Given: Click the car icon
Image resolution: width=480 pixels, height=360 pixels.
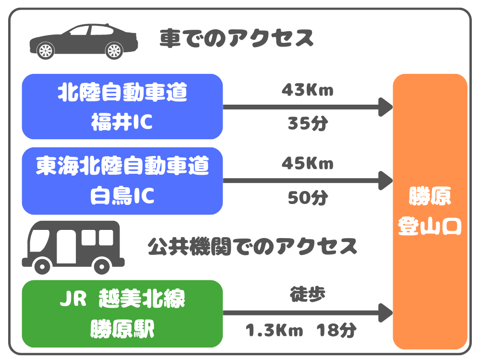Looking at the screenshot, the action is (84, 41).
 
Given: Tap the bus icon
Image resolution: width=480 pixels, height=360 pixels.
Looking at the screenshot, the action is (73, 247).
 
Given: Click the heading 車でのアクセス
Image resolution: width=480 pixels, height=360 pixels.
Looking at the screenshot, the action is (237, 38).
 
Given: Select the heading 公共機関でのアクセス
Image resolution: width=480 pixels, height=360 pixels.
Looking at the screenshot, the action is (252, 247).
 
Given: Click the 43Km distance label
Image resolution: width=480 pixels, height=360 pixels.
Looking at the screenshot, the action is (307, 90).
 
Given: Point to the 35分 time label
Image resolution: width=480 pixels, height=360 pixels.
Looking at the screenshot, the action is (308, 123).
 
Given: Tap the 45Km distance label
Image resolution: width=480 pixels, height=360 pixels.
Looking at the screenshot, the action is (307, 163).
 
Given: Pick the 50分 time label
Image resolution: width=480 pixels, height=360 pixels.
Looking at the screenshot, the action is (308, 197).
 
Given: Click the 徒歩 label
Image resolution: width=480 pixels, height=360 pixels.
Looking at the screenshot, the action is (308, 294).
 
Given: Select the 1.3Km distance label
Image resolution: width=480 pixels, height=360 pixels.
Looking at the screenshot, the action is (274, 331).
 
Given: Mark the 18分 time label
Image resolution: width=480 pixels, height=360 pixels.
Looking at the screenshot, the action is (336, 330).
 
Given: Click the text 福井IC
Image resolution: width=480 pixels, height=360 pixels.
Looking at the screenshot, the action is (122, 122).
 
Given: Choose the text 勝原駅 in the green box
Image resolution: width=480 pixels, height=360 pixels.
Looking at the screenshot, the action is (122, 329).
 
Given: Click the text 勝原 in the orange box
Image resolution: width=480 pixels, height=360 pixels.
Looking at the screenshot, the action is (430, 196).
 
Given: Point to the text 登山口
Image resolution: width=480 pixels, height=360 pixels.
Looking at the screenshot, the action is (430, 226).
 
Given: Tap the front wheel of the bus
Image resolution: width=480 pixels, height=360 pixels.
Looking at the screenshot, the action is (42, 266).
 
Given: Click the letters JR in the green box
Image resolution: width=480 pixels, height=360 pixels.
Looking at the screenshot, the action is (73, 299).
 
